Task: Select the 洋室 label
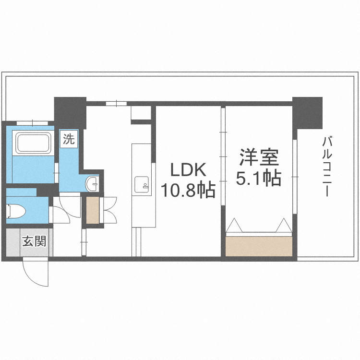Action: pyautogui.click(x=259, y=157)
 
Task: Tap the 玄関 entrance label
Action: pyautogui.click(x=34, y=241)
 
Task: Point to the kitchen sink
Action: pyautogui.click(x=143, y=183)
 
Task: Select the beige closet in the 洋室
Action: pyautogui.click(x=259, y=246)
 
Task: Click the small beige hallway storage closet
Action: pyautogui.click(x=92, y=210)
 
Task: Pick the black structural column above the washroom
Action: pyautogui.click(x=70, y=112)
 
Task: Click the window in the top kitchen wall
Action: pyautogui.click(x=116, y=103)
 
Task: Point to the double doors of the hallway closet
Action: pyautogui.click(x=109, y=210)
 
